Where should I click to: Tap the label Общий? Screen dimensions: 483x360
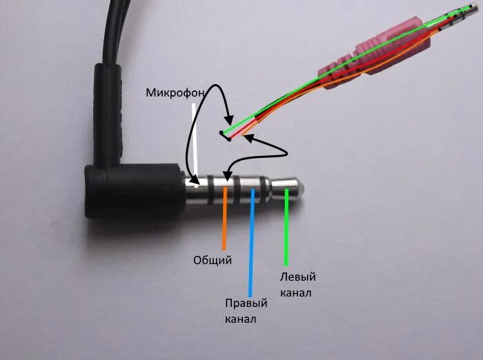[x=213, y=260]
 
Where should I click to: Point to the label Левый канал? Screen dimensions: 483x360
[x=297, y=285]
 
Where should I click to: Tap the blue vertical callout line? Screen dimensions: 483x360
[x=252, y=241]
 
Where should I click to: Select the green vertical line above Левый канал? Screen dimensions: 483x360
[x=286, y=228]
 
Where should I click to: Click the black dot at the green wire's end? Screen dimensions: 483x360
[x=221, y=132]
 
